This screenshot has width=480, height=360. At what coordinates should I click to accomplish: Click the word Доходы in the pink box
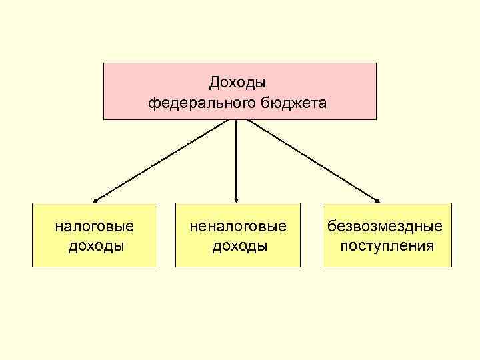[x=237, y=82]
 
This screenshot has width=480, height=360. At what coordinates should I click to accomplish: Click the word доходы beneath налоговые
[x=96, y=246]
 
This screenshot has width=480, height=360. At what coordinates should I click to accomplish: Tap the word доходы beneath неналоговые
[x=239, y=246]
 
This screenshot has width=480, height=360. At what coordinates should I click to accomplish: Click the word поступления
[x=387, y=246]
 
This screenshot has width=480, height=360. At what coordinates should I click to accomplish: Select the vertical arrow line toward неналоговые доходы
[x=236, y=160]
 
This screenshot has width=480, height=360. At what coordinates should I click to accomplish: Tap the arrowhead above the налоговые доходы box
[x=95, y=199]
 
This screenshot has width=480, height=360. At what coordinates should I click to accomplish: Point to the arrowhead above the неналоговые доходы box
[x=236, y=199]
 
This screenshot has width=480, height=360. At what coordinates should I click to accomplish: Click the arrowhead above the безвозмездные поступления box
[x=378, y=199]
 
